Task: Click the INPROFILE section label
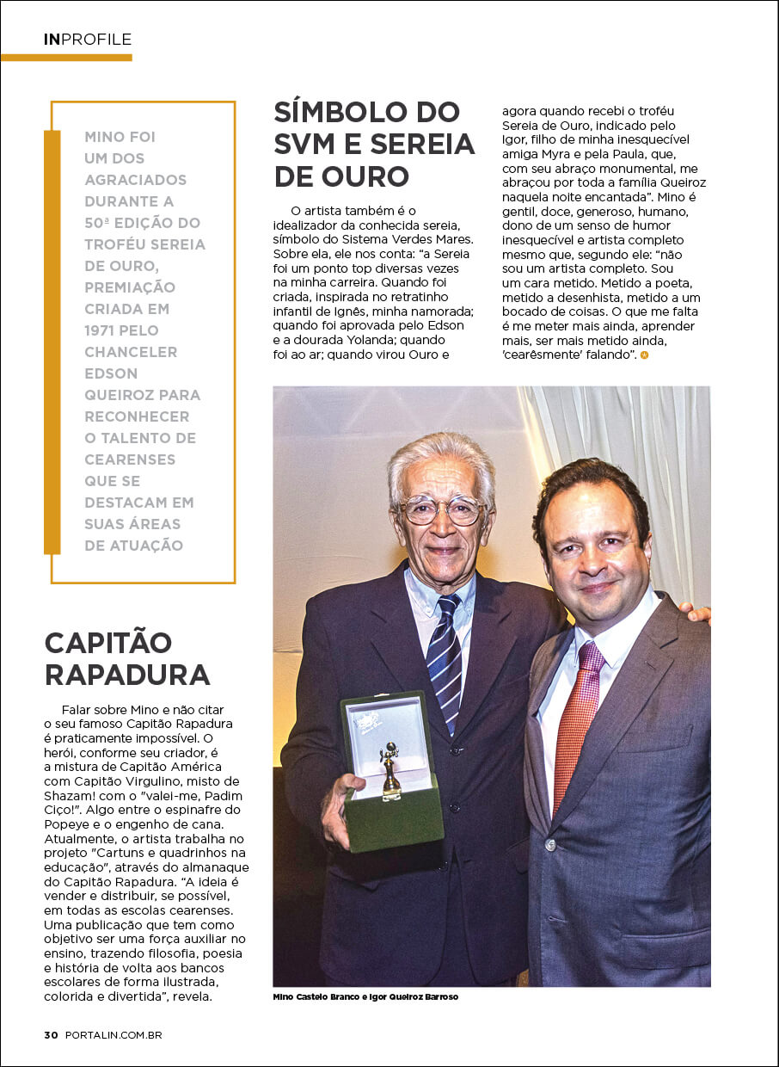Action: [x=88, y=40]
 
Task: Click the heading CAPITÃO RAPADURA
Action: [x=126, y=658]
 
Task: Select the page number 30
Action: [x=51, y=1035]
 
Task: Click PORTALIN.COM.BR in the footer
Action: [x=113, y=1035]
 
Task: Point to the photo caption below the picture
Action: [x=365, y=996]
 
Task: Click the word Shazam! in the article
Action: [x=70, y=795]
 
